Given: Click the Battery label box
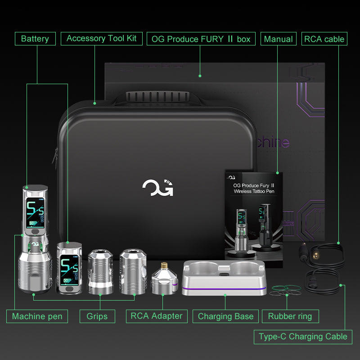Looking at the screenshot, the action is click(35, 39).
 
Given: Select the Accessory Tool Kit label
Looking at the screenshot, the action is click(102, 39).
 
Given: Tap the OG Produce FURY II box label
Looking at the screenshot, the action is click(201, 39).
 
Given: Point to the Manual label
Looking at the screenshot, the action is click(279, 39).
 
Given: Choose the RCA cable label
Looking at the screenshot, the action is click(324, 39).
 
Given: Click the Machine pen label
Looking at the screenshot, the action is click(37, 316).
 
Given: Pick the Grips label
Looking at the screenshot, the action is click(97, 316).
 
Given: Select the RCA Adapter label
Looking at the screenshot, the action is click(157, 316).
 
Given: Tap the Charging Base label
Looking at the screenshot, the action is click(225, 316).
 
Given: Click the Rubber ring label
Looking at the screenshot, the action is click(290, 316).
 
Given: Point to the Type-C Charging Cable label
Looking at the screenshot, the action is click(303, 337).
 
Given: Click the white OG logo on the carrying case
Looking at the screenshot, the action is click(158, 188).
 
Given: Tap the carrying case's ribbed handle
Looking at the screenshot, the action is click(157, 96).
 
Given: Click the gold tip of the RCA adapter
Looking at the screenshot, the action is click(164, 265).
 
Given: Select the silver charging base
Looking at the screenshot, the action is click(224, 278).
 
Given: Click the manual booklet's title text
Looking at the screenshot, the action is click(254, 188).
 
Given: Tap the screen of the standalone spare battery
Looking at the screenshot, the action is click(68, 270).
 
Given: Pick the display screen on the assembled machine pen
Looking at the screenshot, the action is click(35, 212).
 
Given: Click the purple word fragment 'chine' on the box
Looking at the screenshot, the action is click(273, 142).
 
